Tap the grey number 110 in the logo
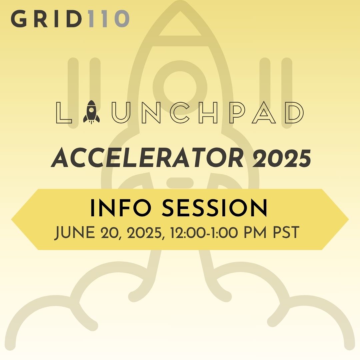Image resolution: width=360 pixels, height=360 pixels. point(109,19)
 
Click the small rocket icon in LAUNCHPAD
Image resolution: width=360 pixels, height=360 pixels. point(91,112)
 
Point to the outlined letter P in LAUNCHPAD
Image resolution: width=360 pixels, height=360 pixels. point(238,113)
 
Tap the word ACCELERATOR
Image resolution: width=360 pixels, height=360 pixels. point(147,158)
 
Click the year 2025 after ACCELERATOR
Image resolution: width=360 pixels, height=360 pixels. point(282,158)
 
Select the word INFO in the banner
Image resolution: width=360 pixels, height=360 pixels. point(121,208)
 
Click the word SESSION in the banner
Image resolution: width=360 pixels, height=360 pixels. point(215,208)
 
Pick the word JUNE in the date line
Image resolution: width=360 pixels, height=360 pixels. point(75,233)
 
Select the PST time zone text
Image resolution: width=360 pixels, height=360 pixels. point(286,233)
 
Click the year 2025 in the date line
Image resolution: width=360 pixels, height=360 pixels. point(145,233)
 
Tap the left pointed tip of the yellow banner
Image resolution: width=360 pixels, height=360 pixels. point(11,219)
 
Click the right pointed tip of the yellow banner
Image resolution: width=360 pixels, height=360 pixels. point(349,219)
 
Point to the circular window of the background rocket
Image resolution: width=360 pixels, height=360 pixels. point(180,87)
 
